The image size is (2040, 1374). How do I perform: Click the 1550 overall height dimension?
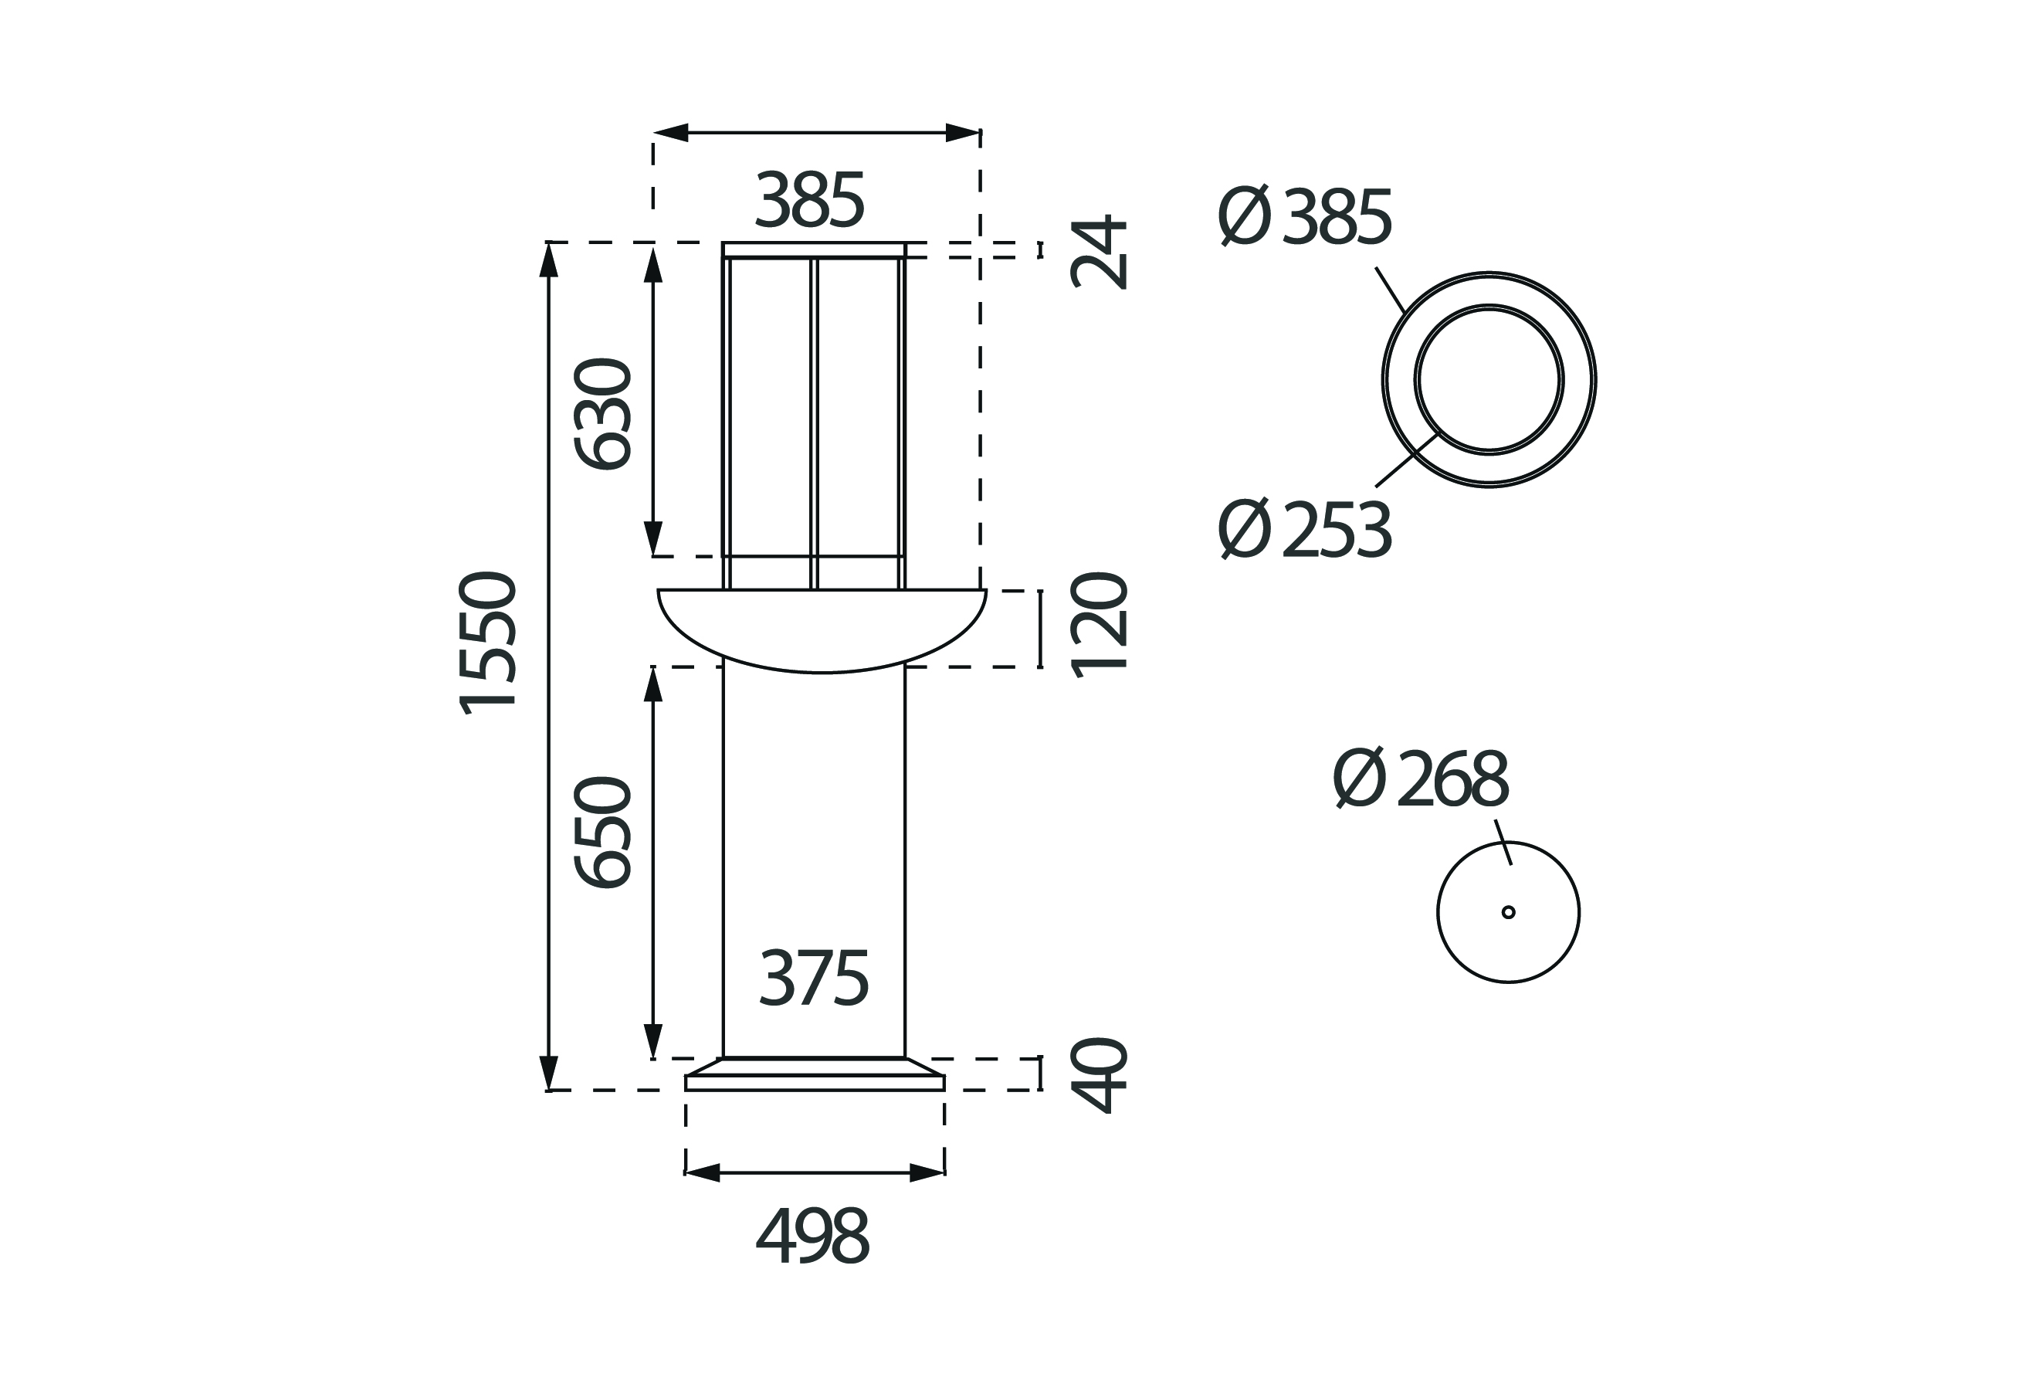[489, 643]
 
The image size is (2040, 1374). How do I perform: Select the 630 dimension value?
[602, 415]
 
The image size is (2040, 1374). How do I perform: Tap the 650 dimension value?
[602, 833]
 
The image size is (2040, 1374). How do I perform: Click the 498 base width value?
[813, 1236]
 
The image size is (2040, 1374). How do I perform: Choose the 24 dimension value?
[1099, 252]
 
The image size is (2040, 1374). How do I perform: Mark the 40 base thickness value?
[1099, 1075]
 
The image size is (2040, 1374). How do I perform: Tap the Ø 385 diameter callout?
[1305, 215]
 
